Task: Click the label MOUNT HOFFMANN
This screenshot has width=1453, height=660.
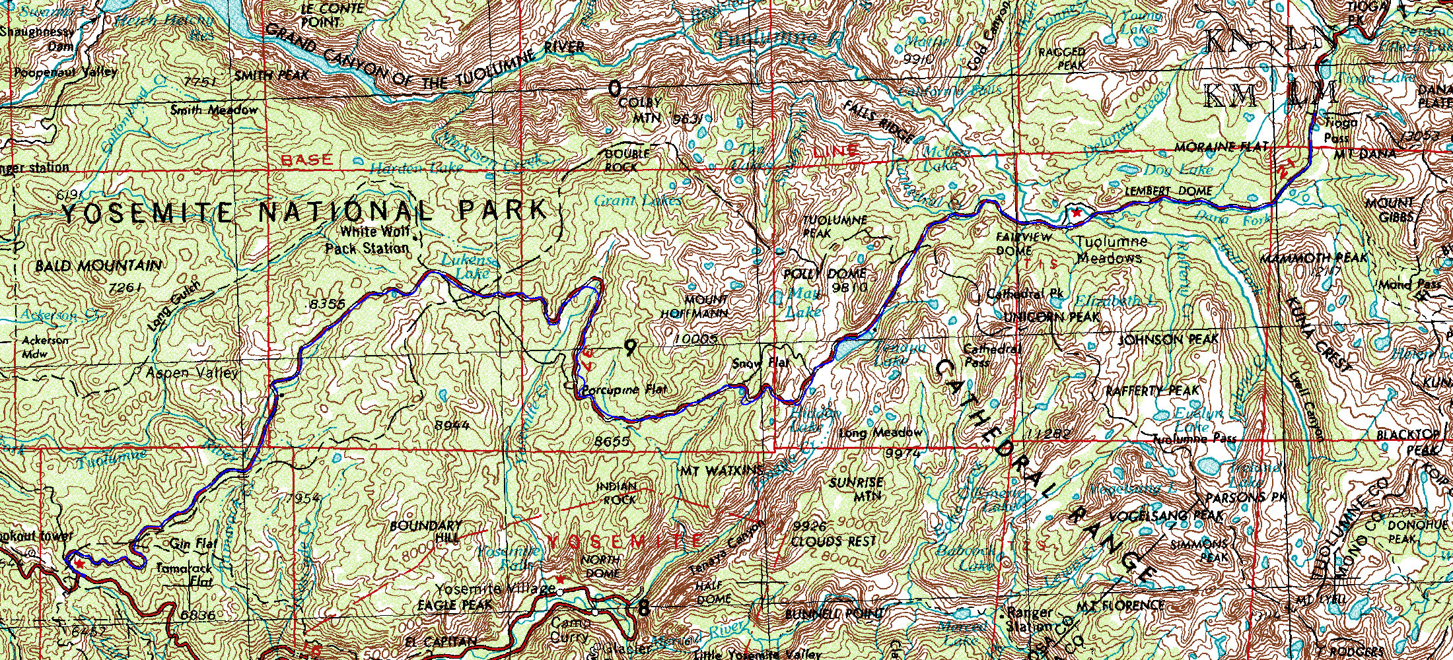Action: [695, 307]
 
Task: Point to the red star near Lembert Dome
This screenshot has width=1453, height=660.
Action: [1077, 213]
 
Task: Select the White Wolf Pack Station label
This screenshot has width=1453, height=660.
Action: [368, 240]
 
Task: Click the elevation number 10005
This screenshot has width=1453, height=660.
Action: [695, 339]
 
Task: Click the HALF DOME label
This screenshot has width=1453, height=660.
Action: [713, 593]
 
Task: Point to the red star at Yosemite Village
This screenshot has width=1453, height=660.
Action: [560, 579]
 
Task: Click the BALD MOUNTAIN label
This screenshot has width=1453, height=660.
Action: [98, 266]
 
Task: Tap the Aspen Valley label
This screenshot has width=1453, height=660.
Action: [192, 373]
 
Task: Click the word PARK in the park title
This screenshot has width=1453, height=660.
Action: [503, 211]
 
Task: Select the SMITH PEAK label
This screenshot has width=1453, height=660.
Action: [271, 75]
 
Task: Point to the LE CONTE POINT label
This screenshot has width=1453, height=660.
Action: [332, 15]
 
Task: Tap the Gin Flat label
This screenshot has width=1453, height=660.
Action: [193, 544]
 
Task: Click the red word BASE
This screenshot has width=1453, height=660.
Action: [307, 160]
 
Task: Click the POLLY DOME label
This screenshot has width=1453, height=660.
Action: [824, 273]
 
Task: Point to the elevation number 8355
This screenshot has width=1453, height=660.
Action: [327, 304]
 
